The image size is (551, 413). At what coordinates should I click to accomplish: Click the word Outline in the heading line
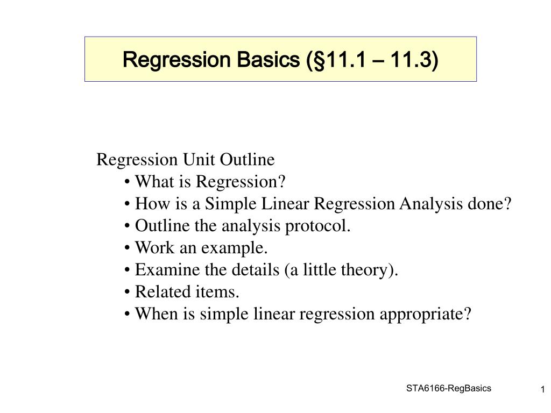pyautogui.click(x=247, y=159)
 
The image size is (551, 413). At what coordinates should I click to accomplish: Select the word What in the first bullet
pyautogui.click(x=154, y=182)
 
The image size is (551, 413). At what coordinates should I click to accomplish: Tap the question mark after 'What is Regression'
pyautogui.click(x=282, y=182)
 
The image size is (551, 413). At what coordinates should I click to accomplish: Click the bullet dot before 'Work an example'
pyautogui.click(x=127, y=248)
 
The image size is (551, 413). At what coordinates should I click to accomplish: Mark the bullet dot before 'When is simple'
pyautogui.click(x=127, y=314)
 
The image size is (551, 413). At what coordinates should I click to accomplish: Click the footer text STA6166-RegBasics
pyautogui.click(x=449, y=388)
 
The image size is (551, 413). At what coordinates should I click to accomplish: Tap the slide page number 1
pyautogui.click(x=542, y=389)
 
